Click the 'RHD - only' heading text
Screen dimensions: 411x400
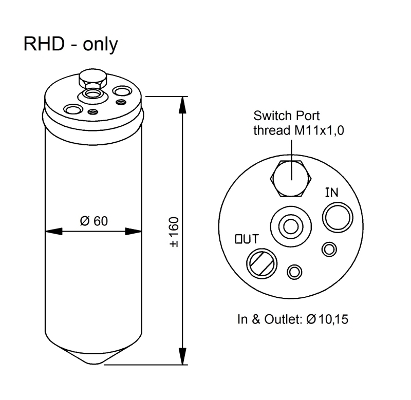[71, 45]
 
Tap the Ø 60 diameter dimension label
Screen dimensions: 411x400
[94, 221]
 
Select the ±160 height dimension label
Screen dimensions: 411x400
[174, 232]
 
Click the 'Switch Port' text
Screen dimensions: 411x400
[287, 116]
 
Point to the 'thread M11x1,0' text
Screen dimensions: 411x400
[298, 130]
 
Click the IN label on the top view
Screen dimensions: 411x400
[331, 193]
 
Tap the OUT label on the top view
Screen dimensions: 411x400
[247, 239]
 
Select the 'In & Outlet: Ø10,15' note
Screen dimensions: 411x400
[293, 319]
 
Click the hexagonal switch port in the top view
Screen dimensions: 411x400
[291, 178]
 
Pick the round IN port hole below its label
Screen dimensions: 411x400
[338, 217]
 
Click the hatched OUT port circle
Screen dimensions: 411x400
[261, 263]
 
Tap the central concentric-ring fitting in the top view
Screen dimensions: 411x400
[291, 226]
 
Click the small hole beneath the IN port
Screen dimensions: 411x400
[329, 249]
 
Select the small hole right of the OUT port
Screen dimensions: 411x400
[294, 272]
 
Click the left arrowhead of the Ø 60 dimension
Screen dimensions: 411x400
[54, 232]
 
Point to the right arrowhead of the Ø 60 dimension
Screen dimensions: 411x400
[134, 232]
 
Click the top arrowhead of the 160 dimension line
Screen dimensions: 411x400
[183, 105]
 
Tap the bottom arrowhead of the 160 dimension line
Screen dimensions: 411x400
[183, 356]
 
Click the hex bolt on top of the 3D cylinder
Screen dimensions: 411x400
[93, 79]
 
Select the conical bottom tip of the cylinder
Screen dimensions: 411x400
[94, 357]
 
